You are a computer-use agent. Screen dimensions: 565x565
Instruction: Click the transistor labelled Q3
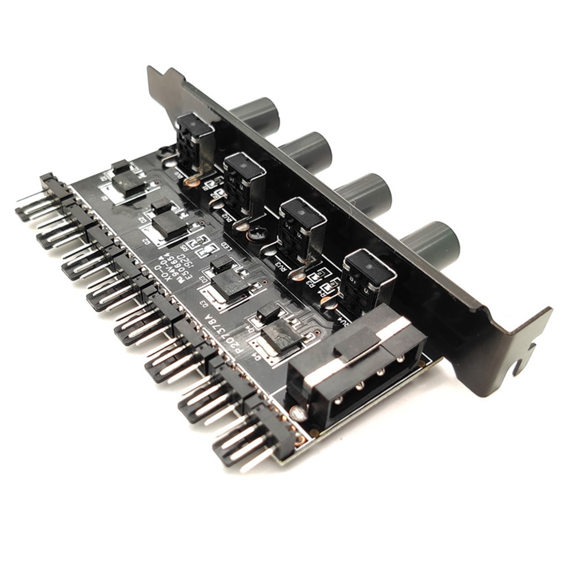tap(229, 282)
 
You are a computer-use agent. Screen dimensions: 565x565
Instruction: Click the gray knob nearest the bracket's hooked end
tap(432, 245)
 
